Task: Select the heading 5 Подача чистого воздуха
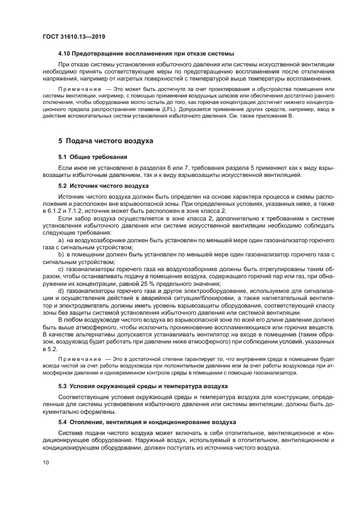[106, 141]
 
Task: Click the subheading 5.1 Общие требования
[88, 157]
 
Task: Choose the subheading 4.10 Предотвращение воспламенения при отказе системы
[146, 53]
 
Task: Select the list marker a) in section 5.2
[60, 240]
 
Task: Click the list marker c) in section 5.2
[60, 269]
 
